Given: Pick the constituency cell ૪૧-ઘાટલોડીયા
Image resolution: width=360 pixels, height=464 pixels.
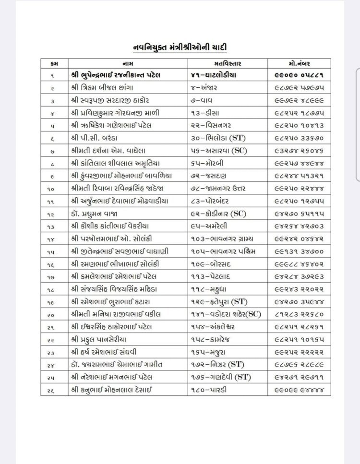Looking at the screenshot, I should pos(215,76).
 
